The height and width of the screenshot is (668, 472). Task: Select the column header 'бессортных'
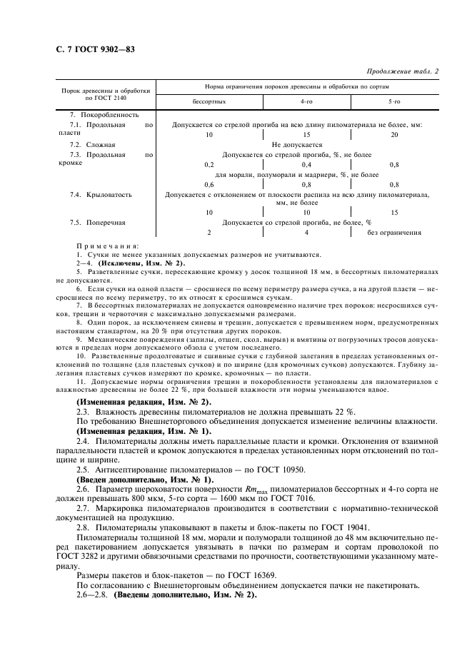[x=208, y=101]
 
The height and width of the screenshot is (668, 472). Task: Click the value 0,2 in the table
[x=209, y=164]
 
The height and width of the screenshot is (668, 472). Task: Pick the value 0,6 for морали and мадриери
[x=209, y=184]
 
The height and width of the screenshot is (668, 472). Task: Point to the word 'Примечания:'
[x=107, y=246]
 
